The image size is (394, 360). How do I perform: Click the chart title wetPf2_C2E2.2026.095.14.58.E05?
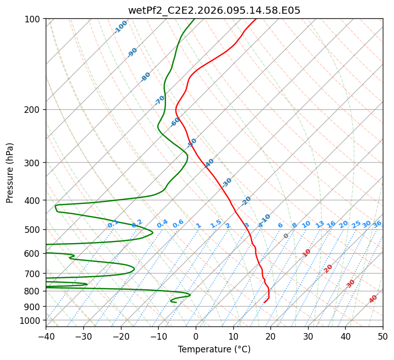coord(214,10)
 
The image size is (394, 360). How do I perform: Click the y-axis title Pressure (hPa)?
coord(10,173)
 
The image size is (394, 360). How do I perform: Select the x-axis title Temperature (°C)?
coord(214,349)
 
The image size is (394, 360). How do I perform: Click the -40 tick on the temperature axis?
coord(46,336)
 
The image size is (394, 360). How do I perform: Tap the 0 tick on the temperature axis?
coord(196,336)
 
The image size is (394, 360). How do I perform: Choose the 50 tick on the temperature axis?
coord(383,336)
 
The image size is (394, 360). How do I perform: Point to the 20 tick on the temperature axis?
coord(271,336)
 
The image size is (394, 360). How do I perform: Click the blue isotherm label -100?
coord(120,27)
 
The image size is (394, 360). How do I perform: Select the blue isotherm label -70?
coord(160,100)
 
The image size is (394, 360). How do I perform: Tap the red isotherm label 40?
coord(373,299)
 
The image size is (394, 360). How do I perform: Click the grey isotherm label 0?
coord(286,236)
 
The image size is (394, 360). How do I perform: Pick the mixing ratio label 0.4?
coord(162,224)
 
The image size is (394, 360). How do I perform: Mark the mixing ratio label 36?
coord(377,224)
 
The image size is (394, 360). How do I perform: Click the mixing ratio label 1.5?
coord(216,224)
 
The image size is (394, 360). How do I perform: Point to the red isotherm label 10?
coord(307,253)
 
